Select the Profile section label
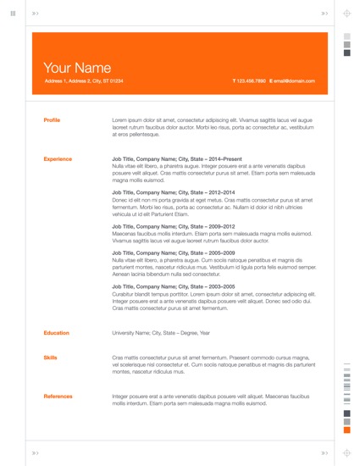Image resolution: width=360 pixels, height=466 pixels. click(x=52, y=120)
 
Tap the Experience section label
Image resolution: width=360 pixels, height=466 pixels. click(x=58, y=158)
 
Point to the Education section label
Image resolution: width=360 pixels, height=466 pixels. click(x=57, y=333)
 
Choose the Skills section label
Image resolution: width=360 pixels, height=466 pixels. click(x=50, y=358)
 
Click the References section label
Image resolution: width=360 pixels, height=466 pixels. click(x=58, y=396)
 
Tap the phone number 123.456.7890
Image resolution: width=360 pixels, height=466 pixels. click(x=251, y=81)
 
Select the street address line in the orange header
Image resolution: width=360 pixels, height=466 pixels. click(x=83, y=81)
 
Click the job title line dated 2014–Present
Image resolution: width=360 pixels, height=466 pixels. click(x=176, y=158)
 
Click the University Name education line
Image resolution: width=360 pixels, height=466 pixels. click(x=161, y=333)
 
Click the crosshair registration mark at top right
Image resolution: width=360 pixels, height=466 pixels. click(x=346, y=14)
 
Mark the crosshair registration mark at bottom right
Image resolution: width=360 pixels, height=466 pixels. click(x=346, y=452)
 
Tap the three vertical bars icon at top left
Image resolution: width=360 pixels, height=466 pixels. click(x=13, y=14)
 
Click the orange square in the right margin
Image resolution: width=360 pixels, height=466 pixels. click(x=346, y=430)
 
